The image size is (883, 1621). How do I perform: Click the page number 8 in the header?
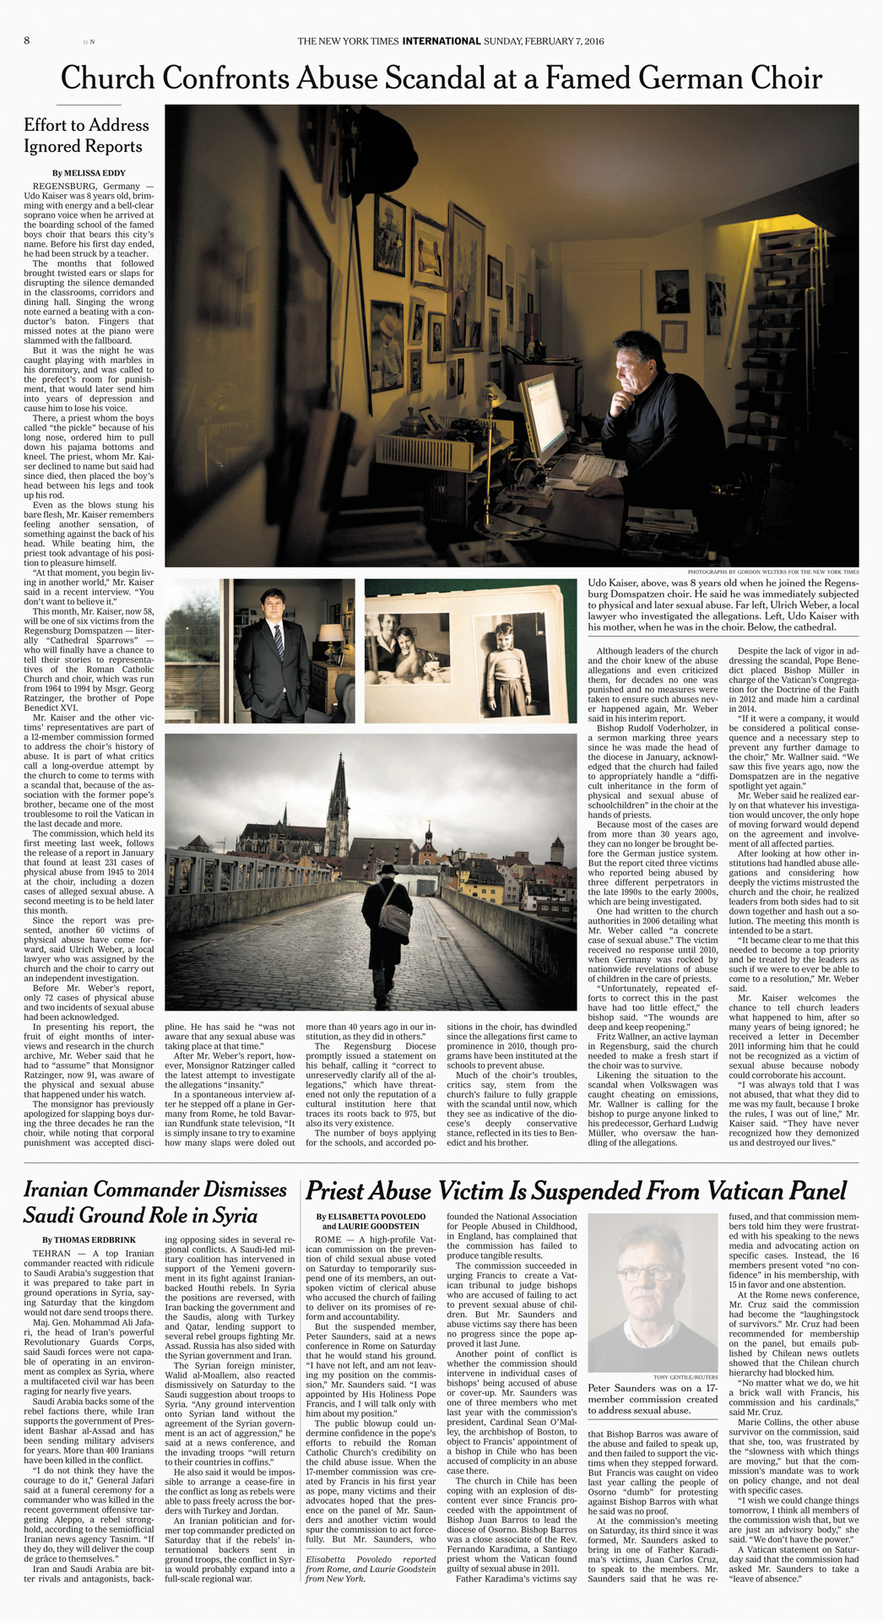click(27, 41)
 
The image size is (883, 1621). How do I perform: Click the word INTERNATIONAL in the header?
click(441, 41)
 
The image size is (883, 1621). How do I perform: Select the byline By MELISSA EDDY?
click(89, 173)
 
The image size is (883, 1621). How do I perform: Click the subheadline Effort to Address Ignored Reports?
click(86, 136)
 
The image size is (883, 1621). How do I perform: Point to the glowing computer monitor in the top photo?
click(542, 414)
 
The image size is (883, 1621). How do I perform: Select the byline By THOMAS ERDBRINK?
click(89, 1239)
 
